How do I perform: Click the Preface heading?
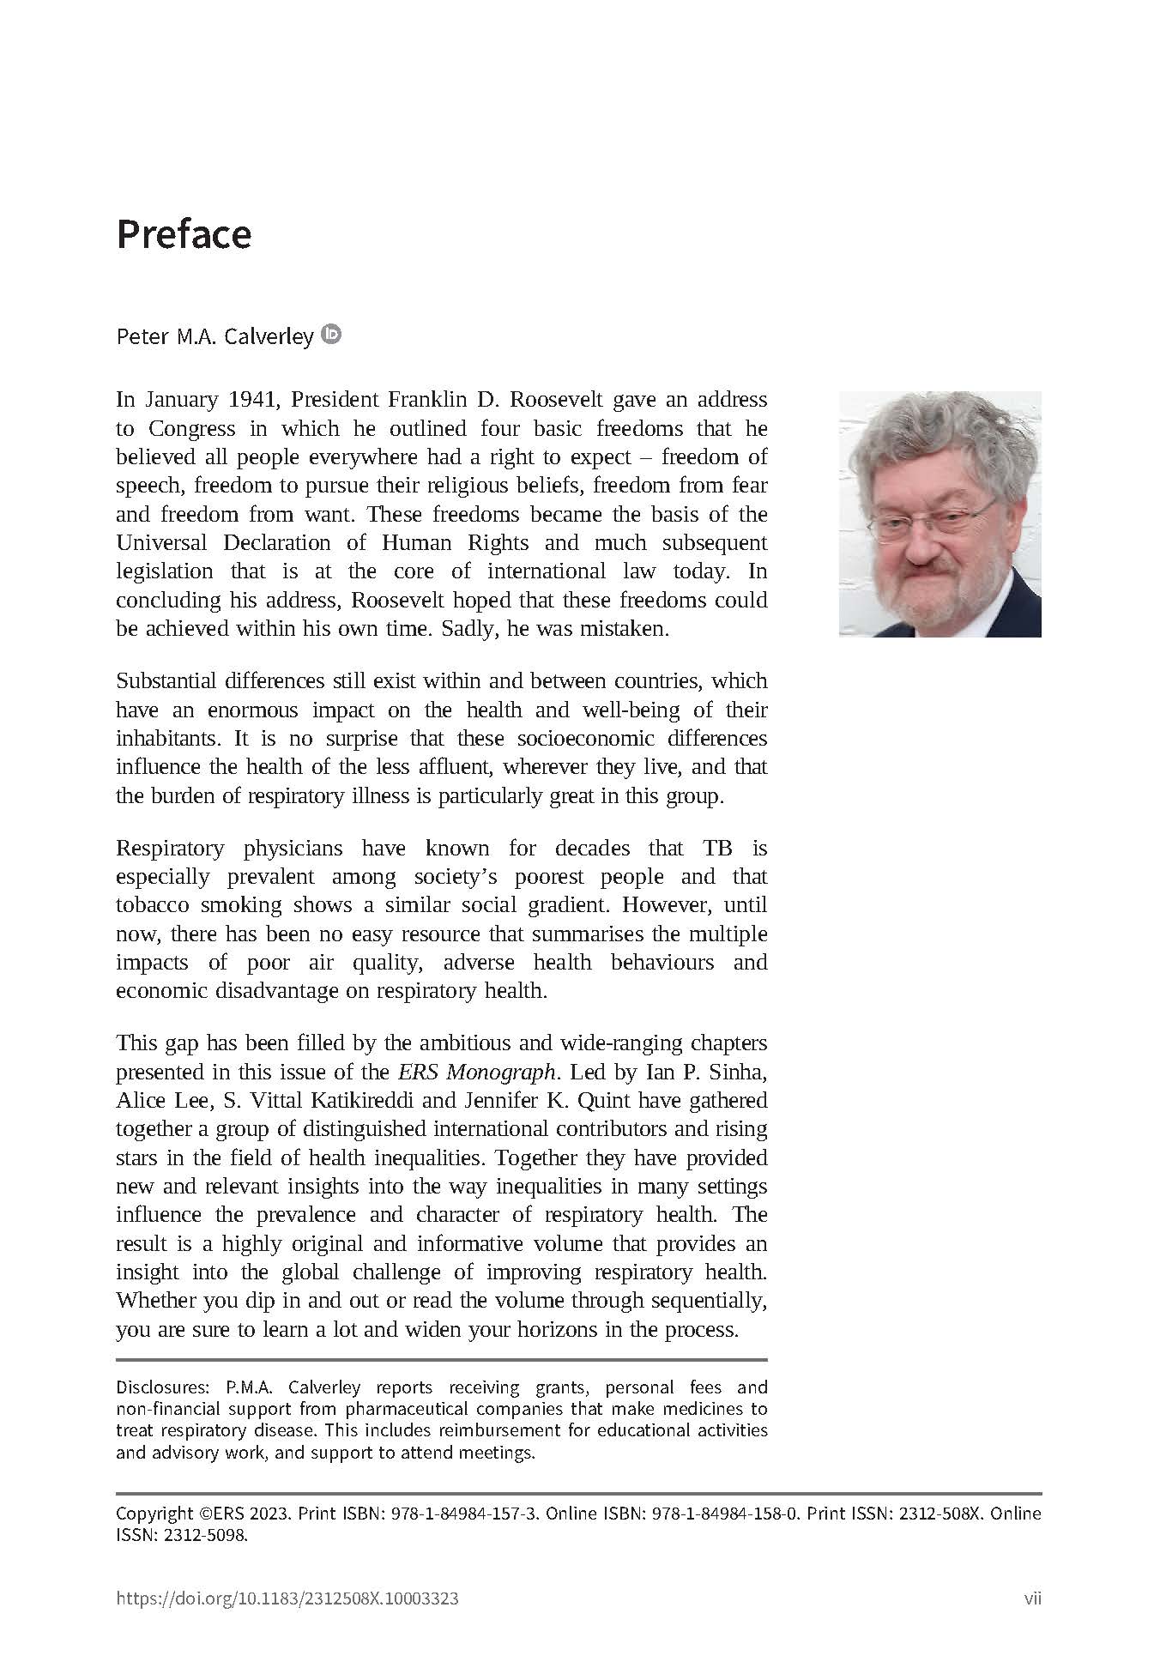184,234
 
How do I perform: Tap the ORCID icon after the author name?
331,334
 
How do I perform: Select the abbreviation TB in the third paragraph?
717,849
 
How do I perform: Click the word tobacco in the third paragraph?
152,905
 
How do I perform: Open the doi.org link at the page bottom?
287,1599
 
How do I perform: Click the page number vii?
1032,1599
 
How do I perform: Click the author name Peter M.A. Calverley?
214,336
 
